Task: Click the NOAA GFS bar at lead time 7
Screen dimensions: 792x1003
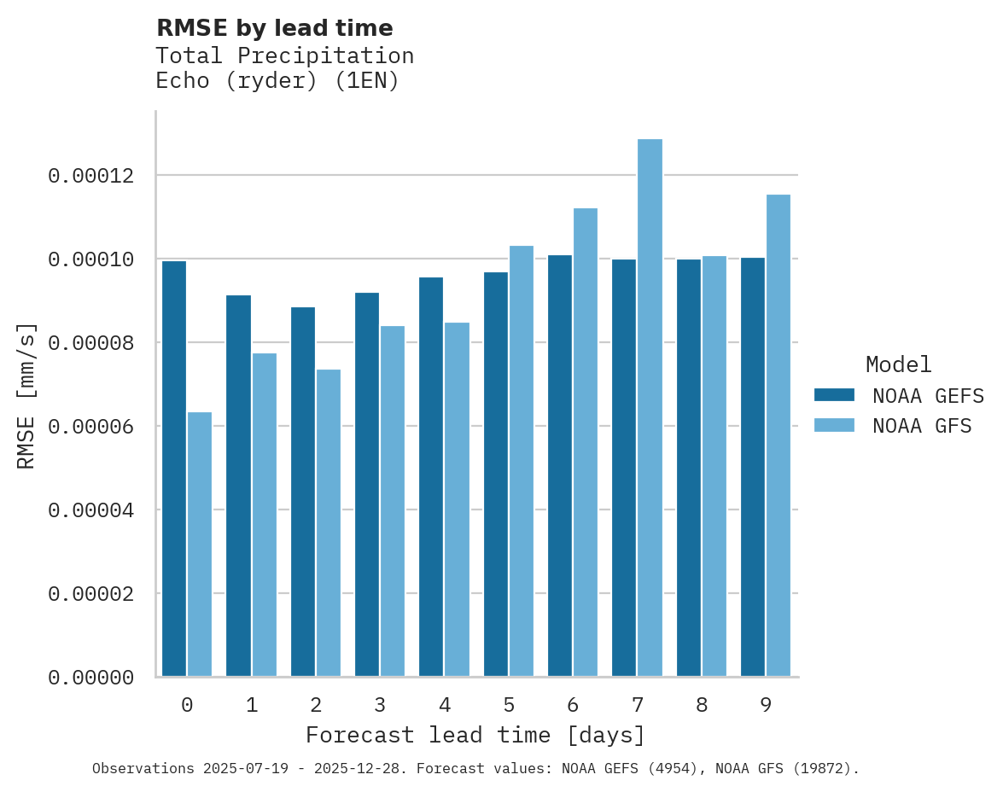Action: pyautogui.click(x=650, y=408)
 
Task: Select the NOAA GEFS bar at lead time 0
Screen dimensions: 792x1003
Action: pyautogui.click(x=174, y=469)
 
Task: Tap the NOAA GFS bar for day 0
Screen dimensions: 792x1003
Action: pyautogui.click(x=200, y=544)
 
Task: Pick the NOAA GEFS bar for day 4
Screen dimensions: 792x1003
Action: pyautogui.click(x=431, y=477)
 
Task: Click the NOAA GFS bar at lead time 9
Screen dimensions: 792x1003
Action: pyautogui.click(x=778, y=435)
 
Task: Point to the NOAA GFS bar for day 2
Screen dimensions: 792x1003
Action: pyautogui.click(x=329, y=523)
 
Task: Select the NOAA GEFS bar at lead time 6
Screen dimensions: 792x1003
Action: pyautogui.click(x=560, y=466)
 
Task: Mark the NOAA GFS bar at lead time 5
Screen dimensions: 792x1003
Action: pyautogui.click(x=521, y=461)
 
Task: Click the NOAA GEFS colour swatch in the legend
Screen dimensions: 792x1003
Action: pyautogui.click(x=834, y=394)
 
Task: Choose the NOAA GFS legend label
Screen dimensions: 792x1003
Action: pyautogui.click(x=922, y=426)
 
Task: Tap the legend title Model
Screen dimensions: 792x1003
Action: pyautogui.click(x=898, y=364)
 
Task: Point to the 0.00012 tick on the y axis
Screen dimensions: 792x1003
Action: pyautogui.click(x=91, y=176)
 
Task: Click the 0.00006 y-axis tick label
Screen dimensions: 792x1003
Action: pyautogui.click(x=91, y=427)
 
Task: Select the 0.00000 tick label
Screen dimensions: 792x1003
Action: pyautogui.click(x=91, y=678)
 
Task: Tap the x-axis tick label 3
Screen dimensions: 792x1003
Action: pyautogui.click(x=380, y=705)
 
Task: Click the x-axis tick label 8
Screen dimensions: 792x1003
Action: pyautogui.click(x=702, y=705)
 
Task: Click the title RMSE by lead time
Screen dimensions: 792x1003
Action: pyautogui.click(x=275, y=28)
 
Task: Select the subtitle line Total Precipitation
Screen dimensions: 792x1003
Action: pyautogui.click(x=285, y=55)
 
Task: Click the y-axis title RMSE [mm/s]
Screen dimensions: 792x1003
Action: pyautogui.click(x=26, y=395)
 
